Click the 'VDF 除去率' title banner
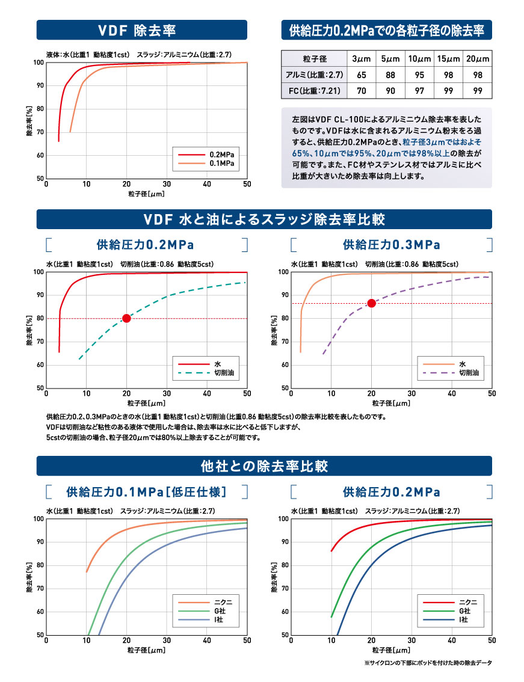141,30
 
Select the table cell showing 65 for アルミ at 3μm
362,75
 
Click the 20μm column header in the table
478,59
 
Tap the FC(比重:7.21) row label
314,91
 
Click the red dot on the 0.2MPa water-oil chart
126,318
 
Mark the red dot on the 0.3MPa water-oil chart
371,303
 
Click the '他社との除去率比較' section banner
264,466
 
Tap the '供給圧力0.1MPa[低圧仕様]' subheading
146,492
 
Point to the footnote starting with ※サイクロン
428,663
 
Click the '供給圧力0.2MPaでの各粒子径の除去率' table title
386,30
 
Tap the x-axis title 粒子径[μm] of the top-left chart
146,194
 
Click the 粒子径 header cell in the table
314,59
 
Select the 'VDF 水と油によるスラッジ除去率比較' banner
264,219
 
